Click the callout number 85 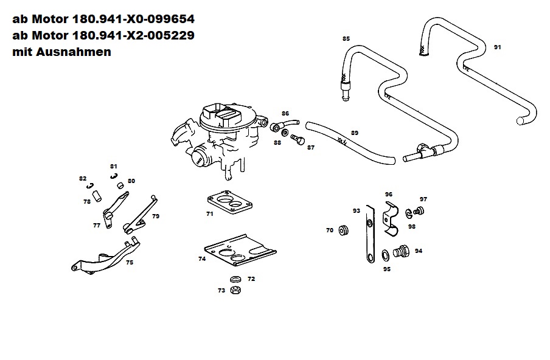pyautogui.click(x=346, y=38)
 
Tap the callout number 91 pyautogui.click(x=497, y=47)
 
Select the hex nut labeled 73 pyautogui.click(x=235, y=290)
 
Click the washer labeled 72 pyautogui.click(x=235, y=279)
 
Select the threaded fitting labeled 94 pyautogui.click(x=400, y=250)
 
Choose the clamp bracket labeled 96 pyautogui.click(x=391, y=216)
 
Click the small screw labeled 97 pyautogui.click(x=419, y=211)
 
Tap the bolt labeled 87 pyautogui.click(x=298, y=140)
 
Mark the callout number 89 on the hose pyautogui.click(x=355, y=133)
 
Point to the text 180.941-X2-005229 pyautogui.click(x=133, y=35)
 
